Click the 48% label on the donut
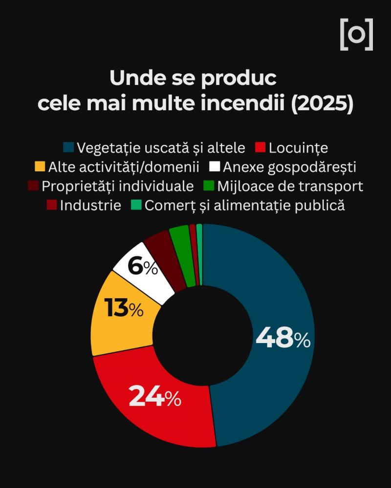tap(283, 337)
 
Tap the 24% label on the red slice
tap(155, 397)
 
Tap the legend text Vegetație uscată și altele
tap(161, 147)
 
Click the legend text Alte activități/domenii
tap(124, 167)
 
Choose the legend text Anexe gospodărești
tap(289, 167)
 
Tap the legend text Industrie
tap(90, 205)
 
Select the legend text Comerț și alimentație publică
tap(244, 205)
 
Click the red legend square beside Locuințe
tap(260, 147)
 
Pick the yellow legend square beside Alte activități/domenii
tap(40, 167)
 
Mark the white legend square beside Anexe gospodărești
tap(214, 167)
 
